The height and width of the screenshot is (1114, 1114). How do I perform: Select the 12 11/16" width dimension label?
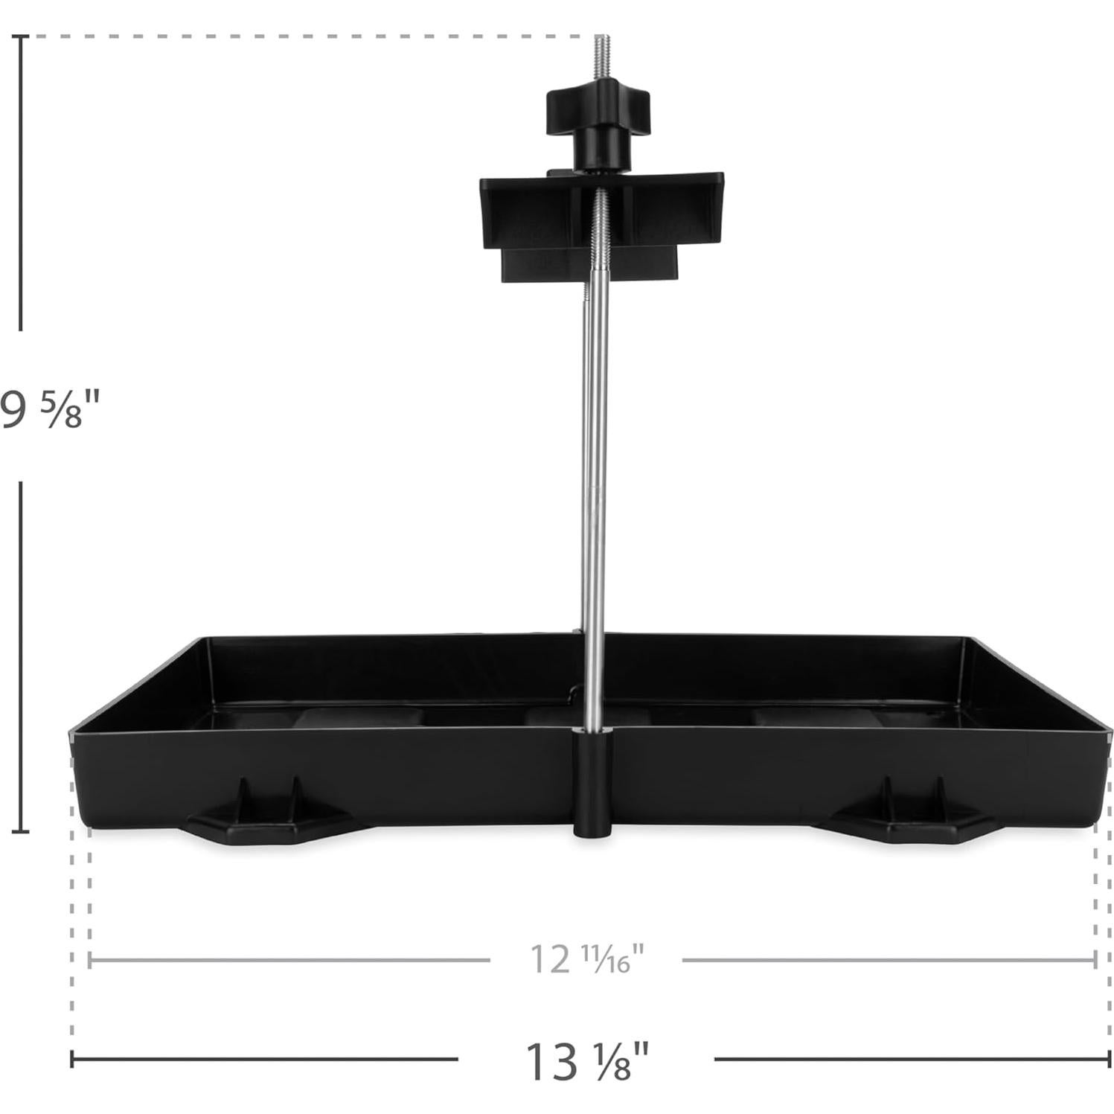tap(586, 959)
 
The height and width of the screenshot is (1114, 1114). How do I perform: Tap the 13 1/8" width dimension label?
tap(586, 1060)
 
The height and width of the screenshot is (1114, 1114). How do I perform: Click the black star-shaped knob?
tap(599, 112)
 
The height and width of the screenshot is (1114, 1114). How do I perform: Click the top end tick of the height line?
tap(21, 36)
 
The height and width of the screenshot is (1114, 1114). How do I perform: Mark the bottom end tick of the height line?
tap(21, 831)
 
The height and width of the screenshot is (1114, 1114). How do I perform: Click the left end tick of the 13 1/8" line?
tap(72, 1059)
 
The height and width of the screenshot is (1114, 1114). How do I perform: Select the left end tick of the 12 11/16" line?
tap(89, 960)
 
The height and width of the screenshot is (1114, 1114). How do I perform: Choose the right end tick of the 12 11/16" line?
tap(1095, 960)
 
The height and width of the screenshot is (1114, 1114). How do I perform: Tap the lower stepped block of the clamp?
tap(588, 264)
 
